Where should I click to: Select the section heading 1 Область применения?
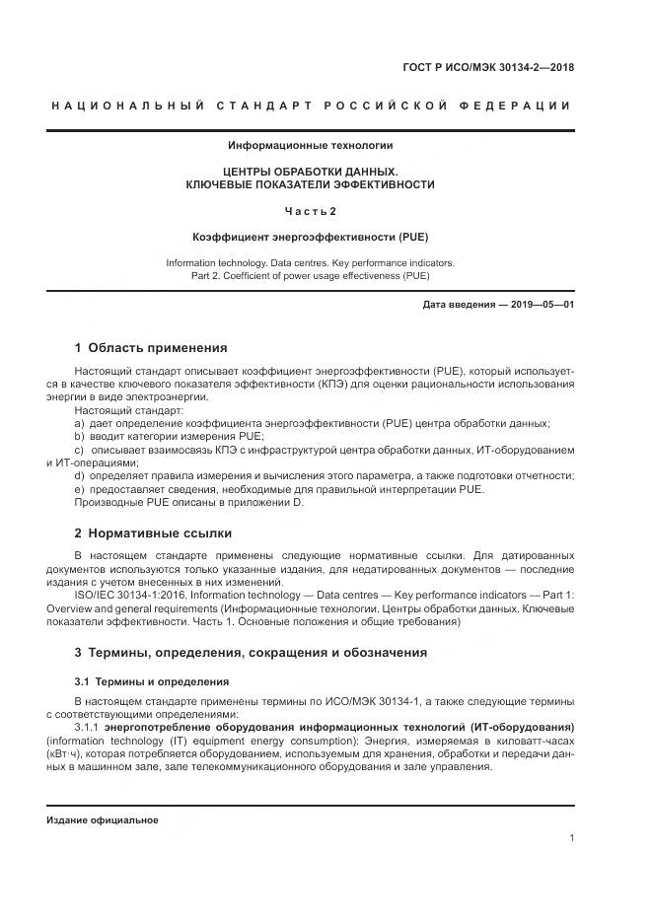click(151, 347)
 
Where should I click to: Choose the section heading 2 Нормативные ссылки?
click(153, 533)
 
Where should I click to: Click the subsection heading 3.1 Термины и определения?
click(152, 681)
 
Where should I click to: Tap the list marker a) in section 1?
click(80, 423)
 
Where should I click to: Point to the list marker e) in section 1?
click(80, 489)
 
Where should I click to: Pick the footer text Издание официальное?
click(103, 820)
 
